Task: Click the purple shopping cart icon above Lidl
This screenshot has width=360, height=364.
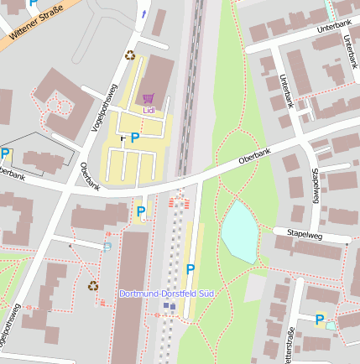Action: pos(149,98)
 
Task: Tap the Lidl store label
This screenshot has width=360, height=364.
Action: pos(149,109)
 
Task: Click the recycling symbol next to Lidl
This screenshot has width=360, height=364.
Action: pos(130,55)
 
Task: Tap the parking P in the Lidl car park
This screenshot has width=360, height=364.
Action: pos(134,138)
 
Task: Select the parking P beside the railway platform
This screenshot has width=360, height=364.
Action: pos(190,269)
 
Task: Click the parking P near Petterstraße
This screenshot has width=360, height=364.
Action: pos(319,319)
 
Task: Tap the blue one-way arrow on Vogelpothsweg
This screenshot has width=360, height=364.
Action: pos(143,13)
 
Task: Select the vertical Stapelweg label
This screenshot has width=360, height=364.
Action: pos(316,185)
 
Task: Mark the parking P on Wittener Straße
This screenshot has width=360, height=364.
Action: pos(33,3)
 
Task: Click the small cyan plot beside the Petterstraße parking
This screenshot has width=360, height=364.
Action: pos(331,325)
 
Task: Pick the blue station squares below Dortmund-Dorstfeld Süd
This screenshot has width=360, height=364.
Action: pos(170,306)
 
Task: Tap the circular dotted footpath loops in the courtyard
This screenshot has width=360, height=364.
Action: pos(61,106)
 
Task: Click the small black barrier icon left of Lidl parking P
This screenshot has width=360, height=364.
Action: pos(123,138)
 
